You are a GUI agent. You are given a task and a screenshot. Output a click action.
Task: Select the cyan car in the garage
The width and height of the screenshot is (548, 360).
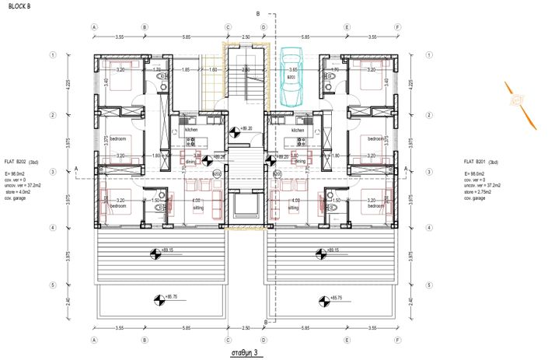pos(291,76)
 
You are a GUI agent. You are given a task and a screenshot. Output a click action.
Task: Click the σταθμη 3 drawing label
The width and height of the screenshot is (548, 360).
pos(246,352)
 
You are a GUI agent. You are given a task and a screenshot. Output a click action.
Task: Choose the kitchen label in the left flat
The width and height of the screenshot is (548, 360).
pos(191,130)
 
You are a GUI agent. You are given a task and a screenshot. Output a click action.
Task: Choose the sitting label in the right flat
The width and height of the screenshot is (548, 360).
pos(293,208)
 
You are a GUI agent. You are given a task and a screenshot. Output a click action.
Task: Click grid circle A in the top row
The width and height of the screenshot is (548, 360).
pos(94,26)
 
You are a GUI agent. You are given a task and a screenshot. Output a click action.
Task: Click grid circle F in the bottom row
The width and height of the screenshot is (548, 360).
pos(397,340)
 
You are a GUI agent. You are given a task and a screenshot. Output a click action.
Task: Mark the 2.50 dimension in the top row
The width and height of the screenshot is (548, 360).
pos(246,37)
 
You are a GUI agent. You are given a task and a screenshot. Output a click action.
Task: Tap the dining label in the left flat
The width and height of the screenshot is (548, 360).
pos(191,161)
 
